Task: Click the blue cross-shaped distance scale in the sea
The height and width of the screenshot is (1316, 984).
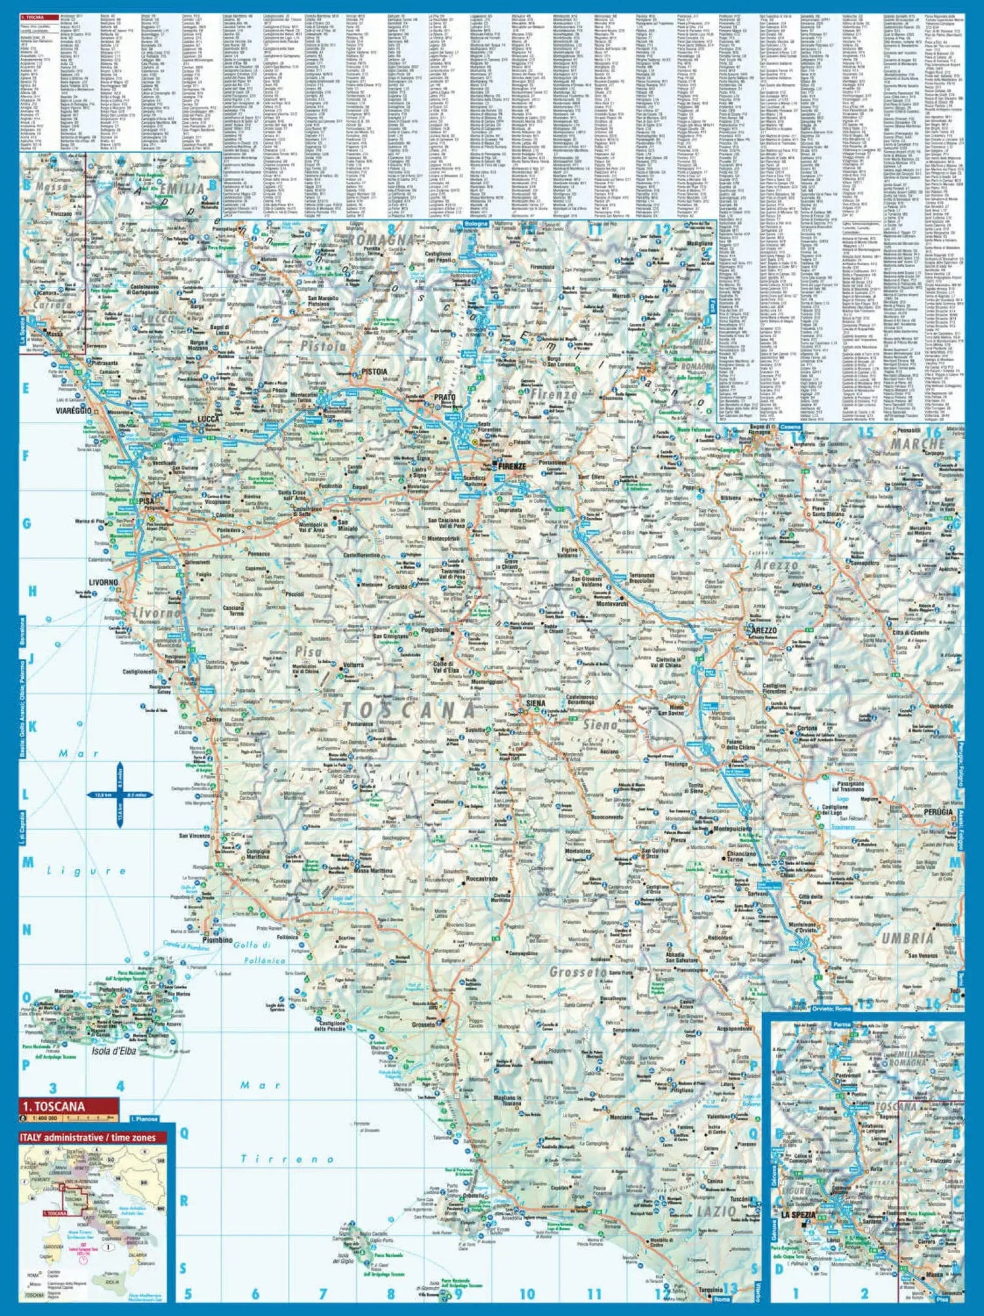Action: pos(120,795)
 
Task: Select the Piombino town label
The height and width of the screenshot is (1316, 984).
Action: pos(217,940)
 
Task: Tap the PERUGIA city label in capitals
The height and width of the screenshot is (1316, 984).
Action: pos(936,812)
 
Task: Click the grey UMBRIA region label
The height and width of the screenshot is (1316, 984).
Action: pos(907,939)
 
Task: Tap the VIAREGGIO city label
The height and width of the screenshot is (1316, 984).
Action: pos(73,410)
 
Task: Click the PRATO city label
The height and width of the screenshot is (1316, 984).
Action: pos(445,397)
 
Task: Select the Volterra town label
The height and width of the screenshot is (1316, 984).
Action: pos(353,665)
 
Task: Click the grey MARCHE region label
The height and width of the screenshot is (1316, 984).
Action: pos(916,444)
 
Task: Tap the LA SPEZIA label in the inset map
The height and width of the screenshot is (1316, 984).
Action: pos(797,1214)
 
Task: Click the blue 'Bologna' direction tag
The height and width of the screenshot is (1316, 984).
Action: pos(476,224)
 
